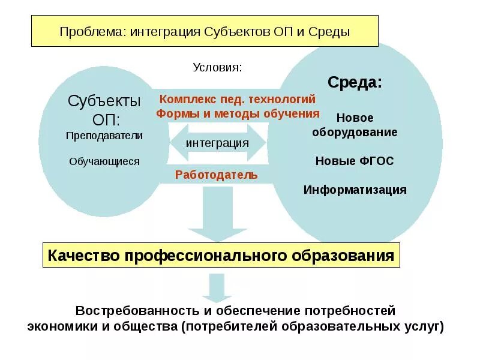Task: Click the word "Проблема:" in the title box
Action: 91,31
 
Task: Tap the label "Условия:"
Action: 217,67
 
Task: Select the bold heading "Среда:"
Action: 354,82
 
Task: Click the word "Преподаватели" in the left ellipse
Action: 104,136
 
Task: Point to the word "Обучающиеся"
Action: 104,161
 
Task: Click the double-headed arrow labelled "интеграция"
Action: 217,143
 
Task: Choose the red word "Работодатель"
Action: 217,175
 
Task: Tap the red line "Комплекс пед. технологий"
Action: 237,99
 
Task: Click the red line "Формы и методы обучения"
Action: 238,113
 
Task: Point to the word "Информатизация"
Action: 355,190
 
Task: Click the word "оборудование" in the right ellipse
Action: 355,132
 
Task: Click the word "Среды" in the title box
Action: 329,31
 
